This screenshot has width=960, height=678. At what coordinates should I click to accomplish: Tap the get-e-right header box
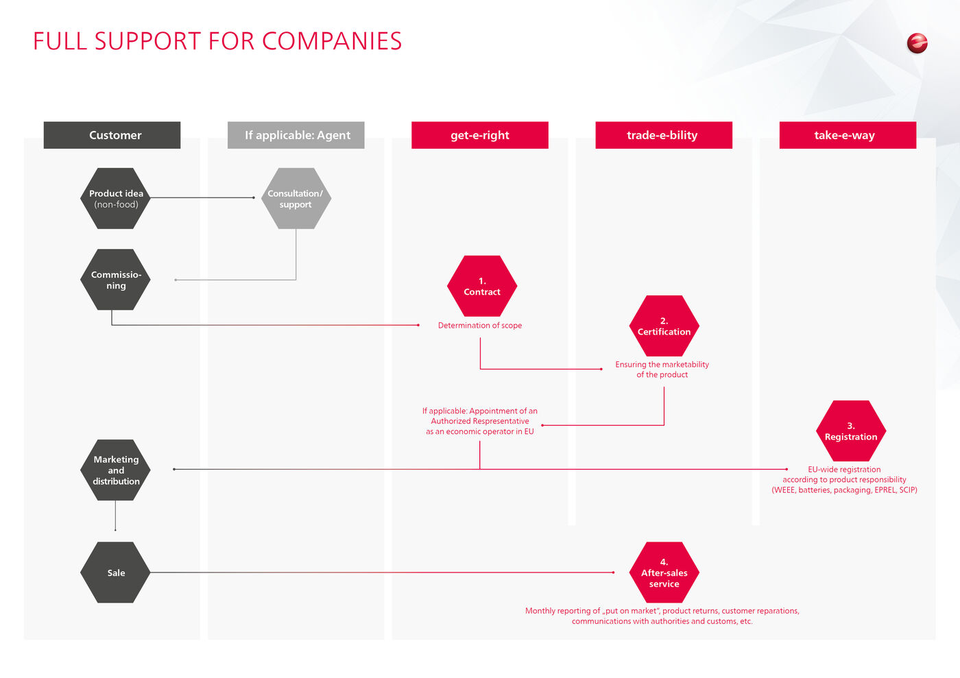[x=479, y=135]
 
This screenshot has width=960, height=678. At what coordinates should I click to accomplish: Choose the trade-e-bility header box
[x=663, y=135]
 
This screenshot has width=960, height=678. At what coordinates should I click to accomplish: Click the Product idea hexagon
[x=116, y=198]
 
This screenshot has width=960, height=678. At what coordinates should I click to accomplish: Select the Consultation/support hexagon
[x=296, y=198]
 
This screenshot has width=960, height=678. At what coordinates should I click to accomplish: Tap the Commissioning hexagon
[x=116, y=280]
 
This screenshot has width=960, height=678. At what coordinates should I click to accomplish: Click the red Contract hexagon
[x=482, y=286]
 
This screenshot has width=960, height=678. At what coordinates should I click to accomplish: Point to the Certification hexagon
[x=664, y=326]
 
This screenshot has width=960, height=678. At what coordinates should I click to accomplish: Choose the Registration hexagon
[x=850, y=431]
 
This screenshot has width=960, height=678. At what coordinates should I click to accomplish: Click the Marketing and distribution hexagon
[x=116, y=470]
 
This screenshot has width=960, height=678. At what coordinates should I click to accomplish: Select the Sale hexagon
[x=116, y=572]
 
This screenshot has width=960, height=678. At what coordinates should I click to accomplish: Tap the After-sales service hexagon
[x=664, y=572]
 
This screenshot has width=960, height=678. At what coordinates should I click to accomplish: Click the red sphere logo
[x=917, y=43]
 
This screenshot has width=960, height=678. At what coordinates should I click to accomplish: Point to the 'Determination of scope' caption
[x=480, y=326]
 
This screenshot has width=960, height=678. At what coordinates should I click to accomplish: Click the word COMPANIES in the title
[x=332, y=41]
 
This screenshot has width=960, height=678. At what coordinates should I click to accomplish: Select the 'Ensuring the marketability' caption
[x=662, y=365]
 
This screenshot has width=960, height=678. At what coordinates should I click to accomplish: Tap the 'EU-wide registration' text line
[x=844, y=470]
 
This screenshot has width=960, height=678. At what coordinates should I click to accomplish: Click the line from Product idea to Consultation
[x=202, y=197]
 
